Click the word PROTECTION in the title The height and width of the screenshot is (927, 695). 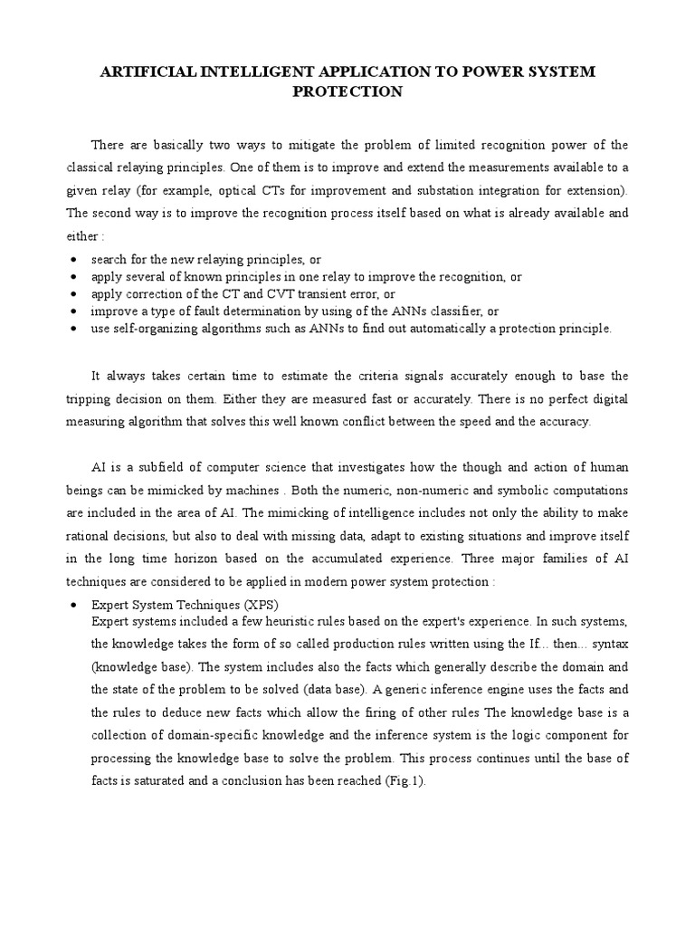pyautogui.click(x=347, y=92)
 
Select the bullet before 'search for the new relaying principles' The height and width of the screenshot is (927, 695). pyautogui.click(x=71, y=260)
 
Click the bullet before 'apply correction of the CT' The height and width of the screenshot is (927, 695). pyautogui.click(x=71, y=294)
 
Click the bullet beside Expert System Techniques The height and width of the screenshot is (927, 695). pyautogui.click(x=71, y=604)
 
